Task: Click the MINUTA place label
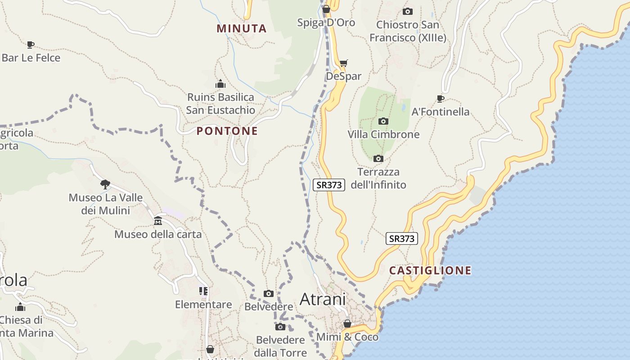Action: coord(242,28)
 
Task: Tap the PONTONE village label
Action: coord(227,131)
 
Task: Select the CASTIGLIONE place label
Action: coord(430,270)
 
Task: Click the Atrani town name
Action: coord(322,299)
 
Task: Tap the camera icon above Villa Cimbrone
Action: coord(383,121)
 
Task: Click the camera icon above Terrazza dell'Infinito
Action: coord(378,158)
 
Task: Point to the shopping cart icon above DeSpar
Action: coord(344,63)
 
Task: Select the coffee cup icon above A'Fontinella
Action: coord(441,99)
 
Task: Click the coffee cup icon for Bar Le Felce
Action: coord(30,45)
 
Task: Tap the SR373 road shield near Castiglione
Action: coord(401,238)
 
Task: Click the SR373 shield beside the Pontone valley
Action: coord(329,184)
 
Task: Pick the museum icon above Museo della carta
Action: coord(158,221)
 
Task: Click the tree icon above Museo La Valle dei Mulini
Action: coord(105,184)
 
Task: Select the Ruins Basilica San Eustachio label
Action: coord(220,103)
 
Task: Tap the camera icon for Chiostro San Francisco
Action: coord(408,11)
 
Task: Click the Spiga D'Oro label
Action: coord(326,22)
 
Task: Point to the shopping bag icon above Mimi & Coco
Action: coord(347,324)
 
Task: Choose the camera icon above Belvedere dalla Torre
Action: coord(280,327)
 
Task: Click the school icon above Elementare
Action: coord(203,291)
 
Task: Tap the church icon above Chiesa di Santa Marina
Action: coord(20,307)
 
